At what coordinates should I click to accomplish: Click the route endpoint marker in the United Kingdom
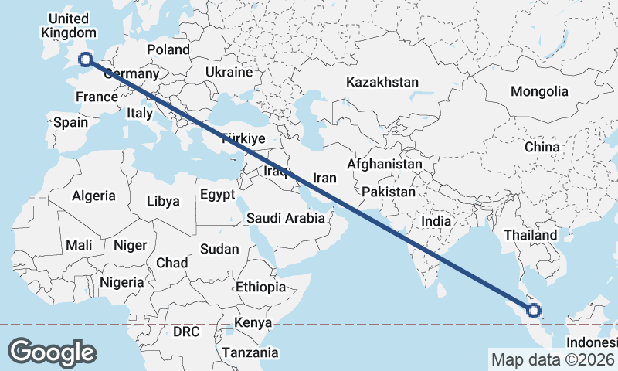[85, 59]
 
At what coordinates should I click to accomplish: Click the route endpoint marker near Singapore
[533, 311]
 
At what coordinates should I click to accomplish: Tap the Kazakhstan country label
[382, 82]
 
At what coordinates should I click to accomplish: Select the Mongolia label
[539, 91]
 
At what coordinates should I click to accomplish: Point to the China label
[542, 147]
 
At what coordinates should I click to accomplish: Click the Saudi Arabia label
[286, 218]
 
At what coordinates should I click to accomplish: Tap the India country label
[436, 221]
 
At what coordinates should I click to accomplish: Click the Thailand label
[530, 235]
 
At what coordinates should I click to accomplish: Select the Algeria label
[93, 196]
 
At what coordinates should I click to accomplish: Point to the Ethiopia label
[261, 287]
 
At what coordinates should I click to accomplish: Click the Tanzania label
[250, 352]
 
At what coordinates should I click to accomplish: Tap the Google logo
[52, 352]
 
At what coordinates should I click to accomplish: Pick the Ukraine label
[229, 72]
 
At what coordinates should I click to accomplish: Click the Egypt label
[217, 195]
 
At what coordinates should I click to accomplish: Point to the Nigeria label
[121, 282]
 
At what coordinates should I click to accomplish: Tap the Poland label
[168, 49]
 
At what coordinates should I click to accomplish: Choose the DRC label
[186, 332]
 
